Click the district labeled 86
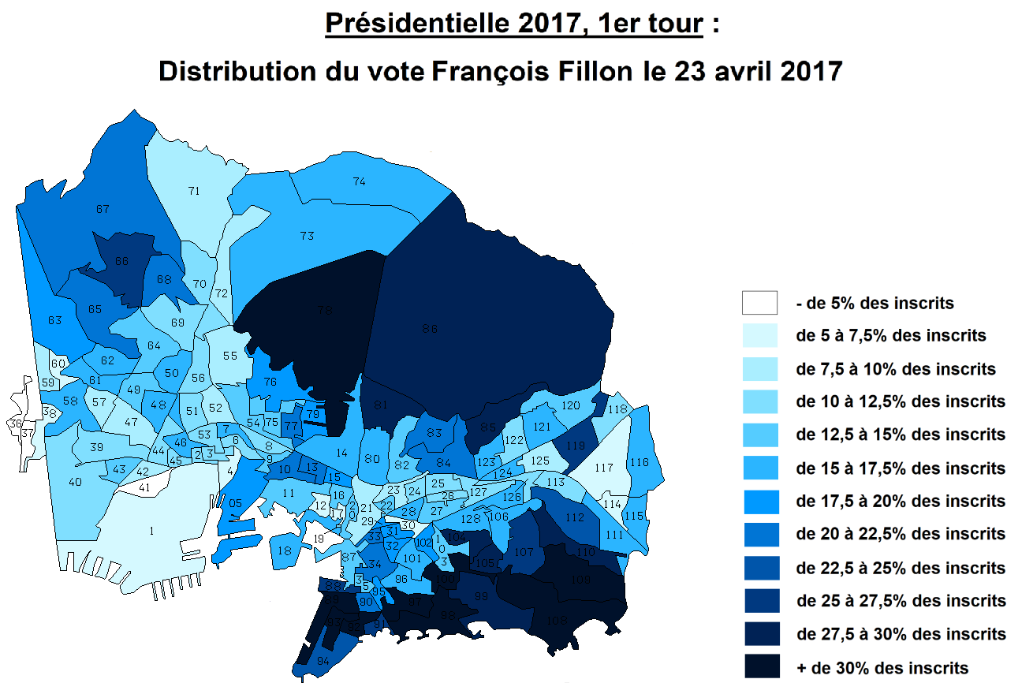(x=430, y=329)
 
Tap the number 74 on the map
(x=359, y=181)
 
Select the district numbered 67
(x=103, y=209)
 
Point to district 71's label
(x=193, y=190)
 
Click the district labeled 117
(x=604, y=468)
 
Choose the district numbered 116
(x=640, y=462)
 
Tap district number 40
(x=76, y=482)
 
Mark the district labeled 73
(x=308, y=236)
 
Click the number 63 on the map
(x=54, y=320)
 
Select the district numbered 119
(x=575, y=446)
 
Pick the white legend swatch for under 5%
(x=759, y=303)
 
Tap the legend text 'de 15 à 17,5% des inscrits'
(x=901, y=468)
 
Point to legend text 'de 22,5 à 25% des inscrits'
(x=901, y=568)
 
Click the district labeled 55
(x=229, y=356)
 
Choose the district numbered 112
(x=575, y=517)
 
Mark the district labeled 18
(x=285, y=550)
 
